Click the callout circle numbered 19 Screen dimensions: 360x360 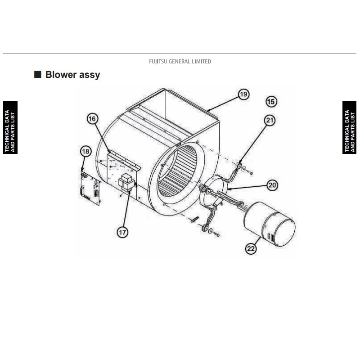[x=243, y=94]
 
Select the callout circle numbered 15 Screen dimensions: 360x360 [x=271, y=102]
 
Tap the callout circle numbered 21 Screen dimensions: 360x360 [x=270, y=121]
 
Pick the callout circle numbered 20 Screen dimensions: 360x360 [x=272, y=185]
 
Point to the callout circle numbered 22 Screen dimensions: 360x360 [x=251, y=248]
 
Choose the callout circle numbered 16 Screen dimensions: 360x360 [x=92, y=119]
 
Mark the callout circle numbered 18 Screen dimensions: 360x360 [x=85, y=152]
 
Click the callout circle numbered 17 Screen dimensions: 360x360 [x=122, y=232]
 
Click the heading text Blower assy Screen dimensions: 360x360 [x=72, y=75]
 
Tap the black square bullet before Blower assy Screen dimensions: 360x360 [x=38, y=74]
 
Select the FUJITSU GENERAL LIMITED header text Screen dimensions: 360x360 [x=180, y=62]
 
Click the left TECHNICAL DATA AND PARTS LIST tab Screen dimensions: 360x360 [x=10, y=128]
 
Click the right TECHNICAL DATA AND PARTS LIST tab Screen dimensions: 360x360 [x=350, y=128]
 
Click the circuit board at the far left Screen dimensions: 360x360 [x=90, y=187]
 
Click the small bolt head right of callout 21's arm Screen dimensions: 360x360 [x=251, y=173]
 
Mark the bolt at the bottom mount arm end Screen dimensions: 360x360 [x=216, y=234]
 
